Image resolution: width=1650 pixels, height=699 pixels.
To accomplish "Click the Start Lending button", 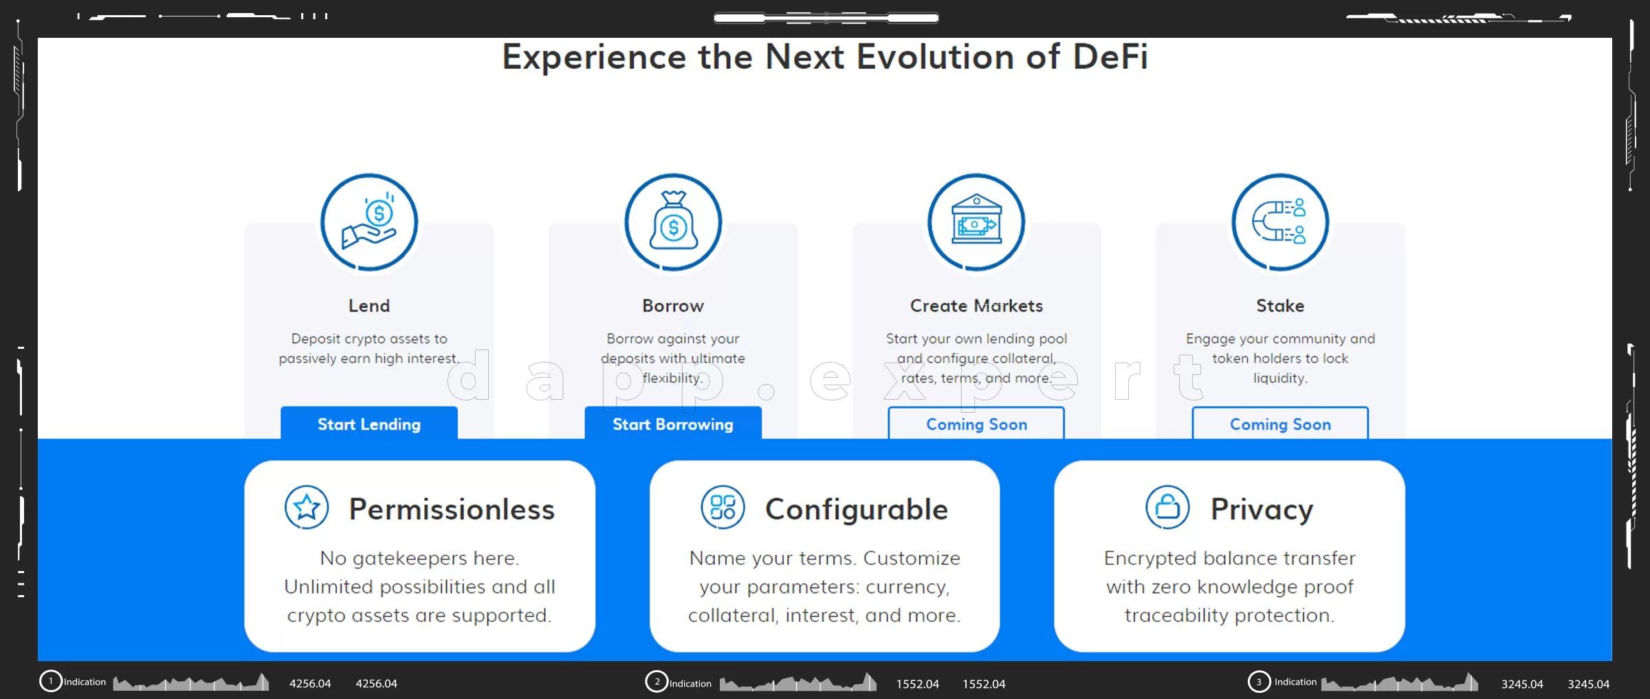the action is pyautogui.click(x=369, y=423).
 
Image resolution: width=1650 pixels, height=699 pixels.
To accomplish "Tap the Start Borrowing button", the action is pyautogui.click(x=673, y=423).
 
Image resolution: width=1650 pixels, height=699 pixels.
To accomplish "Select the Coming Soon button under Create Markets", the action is pyautogui.click(x=976, y=423).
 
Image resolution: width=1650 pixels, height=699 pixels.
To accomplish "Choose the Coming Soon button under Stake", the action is pyautogui.click(x=1280, y=423).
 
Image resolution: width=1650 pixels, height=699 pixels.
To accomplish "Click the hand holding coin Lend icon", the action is pyautogui.click(x=369, y=222).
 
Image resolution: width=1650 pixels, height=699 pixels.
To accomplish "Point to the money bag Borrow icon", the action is pyautogui.click(x=673, y=222).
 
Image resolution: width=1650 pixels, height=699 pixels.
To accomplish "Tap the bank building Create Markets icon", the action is pyautogui.click(x=976, y=222).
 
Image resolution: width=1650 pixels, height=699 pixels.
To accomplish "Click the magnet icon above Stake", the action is pyautogui.click(x=1280, y=222).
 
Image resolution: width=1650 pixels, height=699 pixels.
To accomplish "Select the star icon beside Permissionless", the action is pyautogui.click(x=307, y=507).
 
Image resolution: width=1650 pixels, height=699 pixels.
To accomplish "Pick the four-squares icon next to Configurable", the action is pyautogui.click(x=723, y=507).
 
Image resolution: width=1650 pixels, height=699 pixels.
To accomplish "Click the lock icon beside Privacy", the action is pyautogui.click(x=1167, y=507).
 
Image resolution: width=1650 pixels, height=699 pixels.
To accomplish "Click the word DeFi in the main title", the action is pyautogui.click(x=1110, y=56).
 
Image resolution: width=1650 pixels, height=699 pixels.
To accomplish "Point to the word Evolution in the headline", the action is pyautogui.click(x=934, y=56).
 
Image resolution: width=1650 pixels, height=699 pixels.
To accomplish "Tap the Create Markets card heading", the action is pyautogui.click(x=976, y=305).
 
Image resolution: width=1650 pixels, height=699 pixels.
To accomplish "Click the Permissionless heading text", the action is pyautogui.click(x=452, y=509).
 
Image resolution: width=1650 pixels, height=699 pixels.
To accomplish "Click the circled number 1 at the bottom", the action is pyautogui.click(x=51, y=681).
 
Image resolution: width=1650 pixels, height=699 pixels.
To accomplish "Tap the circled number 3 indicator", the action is pyautogui.click(x=1259, y=682).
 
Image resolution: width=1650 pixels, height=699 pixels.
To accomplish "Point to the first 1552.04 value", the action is pyautogui.click(x=917, y=684).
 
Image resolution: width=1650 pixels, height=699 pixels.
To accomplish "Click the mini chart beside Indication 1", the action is pyautogui.click(x=191, y=682).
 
